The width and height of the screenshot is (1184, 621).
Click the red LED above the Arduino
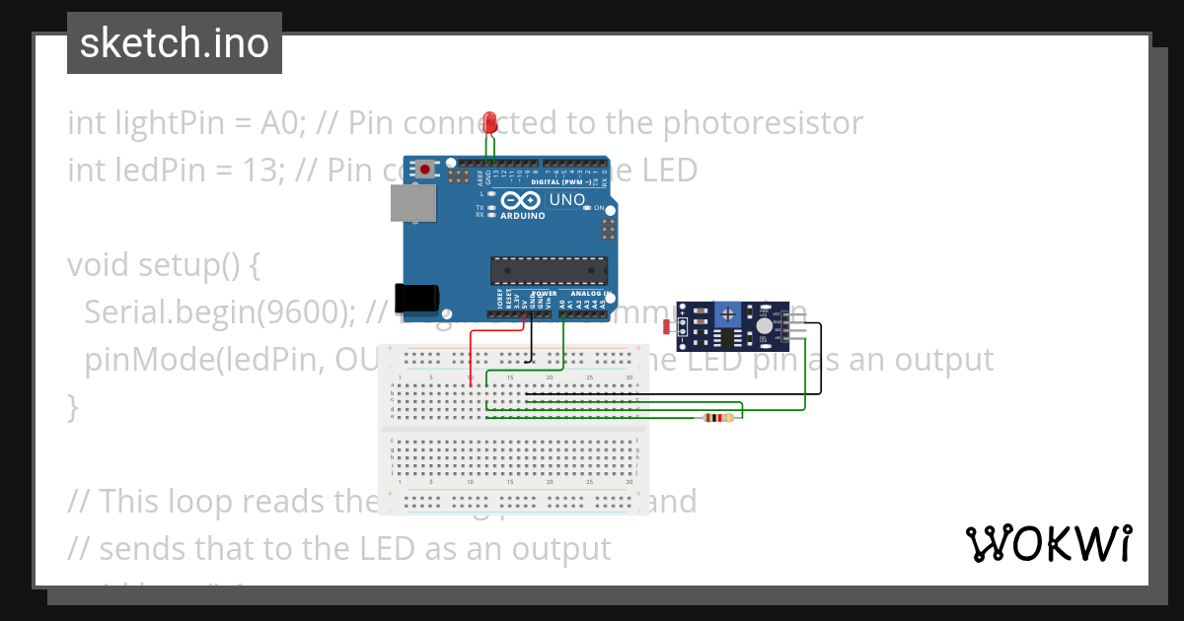click(x=490, y=122)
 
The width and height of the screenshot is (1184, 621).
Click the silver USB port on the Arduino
click(x=409, y=204)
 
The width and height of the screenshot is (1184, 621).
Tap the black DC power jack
click(x=411, y=298)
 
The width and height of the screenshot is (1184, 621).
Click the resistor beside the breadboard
click(x=717, y=418)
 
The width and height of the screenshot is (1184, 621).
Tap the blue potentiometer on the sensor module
click(x=729, y=315)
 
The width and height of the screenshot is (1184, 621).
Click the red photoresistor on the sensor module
click(x=668, y=326)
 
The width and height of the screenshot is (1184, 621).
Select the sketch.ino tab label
click(x=175, y=43)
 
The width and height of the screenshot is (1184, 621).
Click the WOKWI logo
click(x=1048, y=544)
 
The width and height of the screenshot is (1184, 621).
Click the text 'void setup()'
click(x=165, y=265)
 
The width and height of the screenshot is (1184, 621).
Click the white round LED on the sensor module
click(x=765, y=325)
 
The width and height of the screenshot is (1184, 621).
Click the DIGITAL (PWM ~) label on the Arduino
click(x=560, y=183)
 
